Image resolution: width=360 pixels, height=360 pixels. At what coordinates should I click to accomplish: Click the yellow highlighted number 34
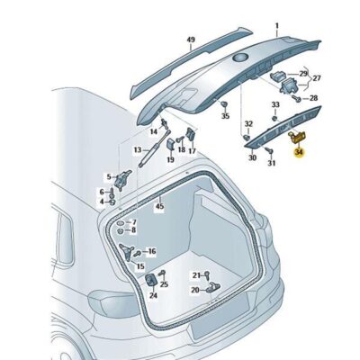point(299,154)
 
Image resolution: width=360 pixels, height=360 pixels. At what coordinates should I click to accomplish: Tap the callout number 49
point(190,40)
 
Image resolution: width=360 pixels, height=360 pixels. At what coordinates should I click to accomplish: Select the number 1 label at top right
point(276,27)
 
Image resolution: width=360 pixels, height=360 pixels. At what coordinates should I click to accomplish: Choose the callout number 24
point(153,295)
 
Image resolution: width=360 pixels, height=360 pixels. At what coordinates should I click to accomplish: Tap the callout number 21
point(195,274)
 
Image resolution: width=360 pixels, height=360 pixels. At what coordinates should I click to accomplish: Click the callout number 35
point(225,116)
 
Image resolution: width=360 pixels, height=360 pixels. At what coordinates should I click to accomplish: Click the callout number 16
point(151,253)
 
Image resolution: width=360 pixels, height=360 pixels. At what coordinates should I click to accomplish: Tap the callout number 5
point(108,177)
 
